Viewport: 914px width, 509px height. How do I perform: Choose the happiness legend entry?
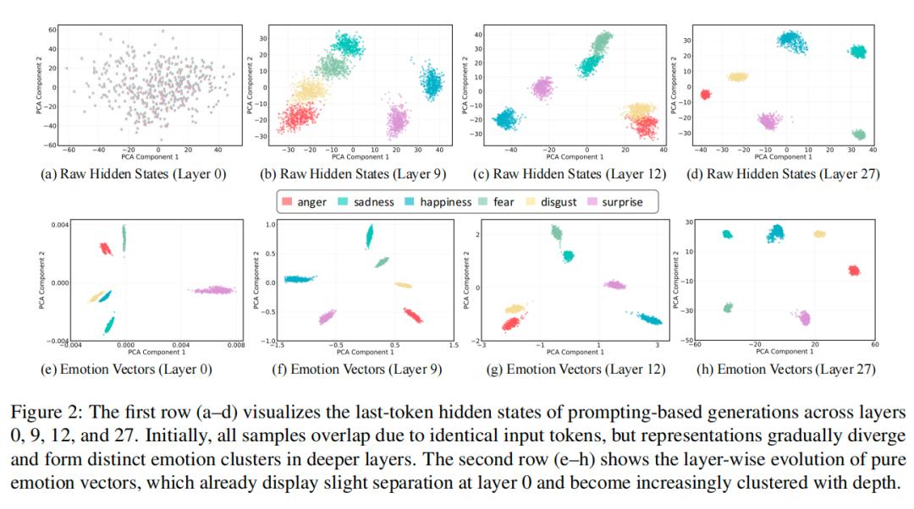point(441,202)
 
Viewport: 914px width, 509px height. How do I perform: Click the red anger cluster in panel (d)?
point(705,95)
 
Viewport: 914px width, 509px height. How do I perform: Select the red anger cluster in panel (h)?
point(853,271)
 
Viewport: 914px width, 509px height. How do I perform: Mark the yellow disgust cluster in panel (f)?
point(403,286)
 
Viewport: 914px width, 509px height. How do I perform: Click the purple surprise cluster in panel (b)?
point(396,121)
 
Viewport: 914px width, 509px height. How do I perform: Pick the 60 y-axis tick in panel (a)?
point(52,30)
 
